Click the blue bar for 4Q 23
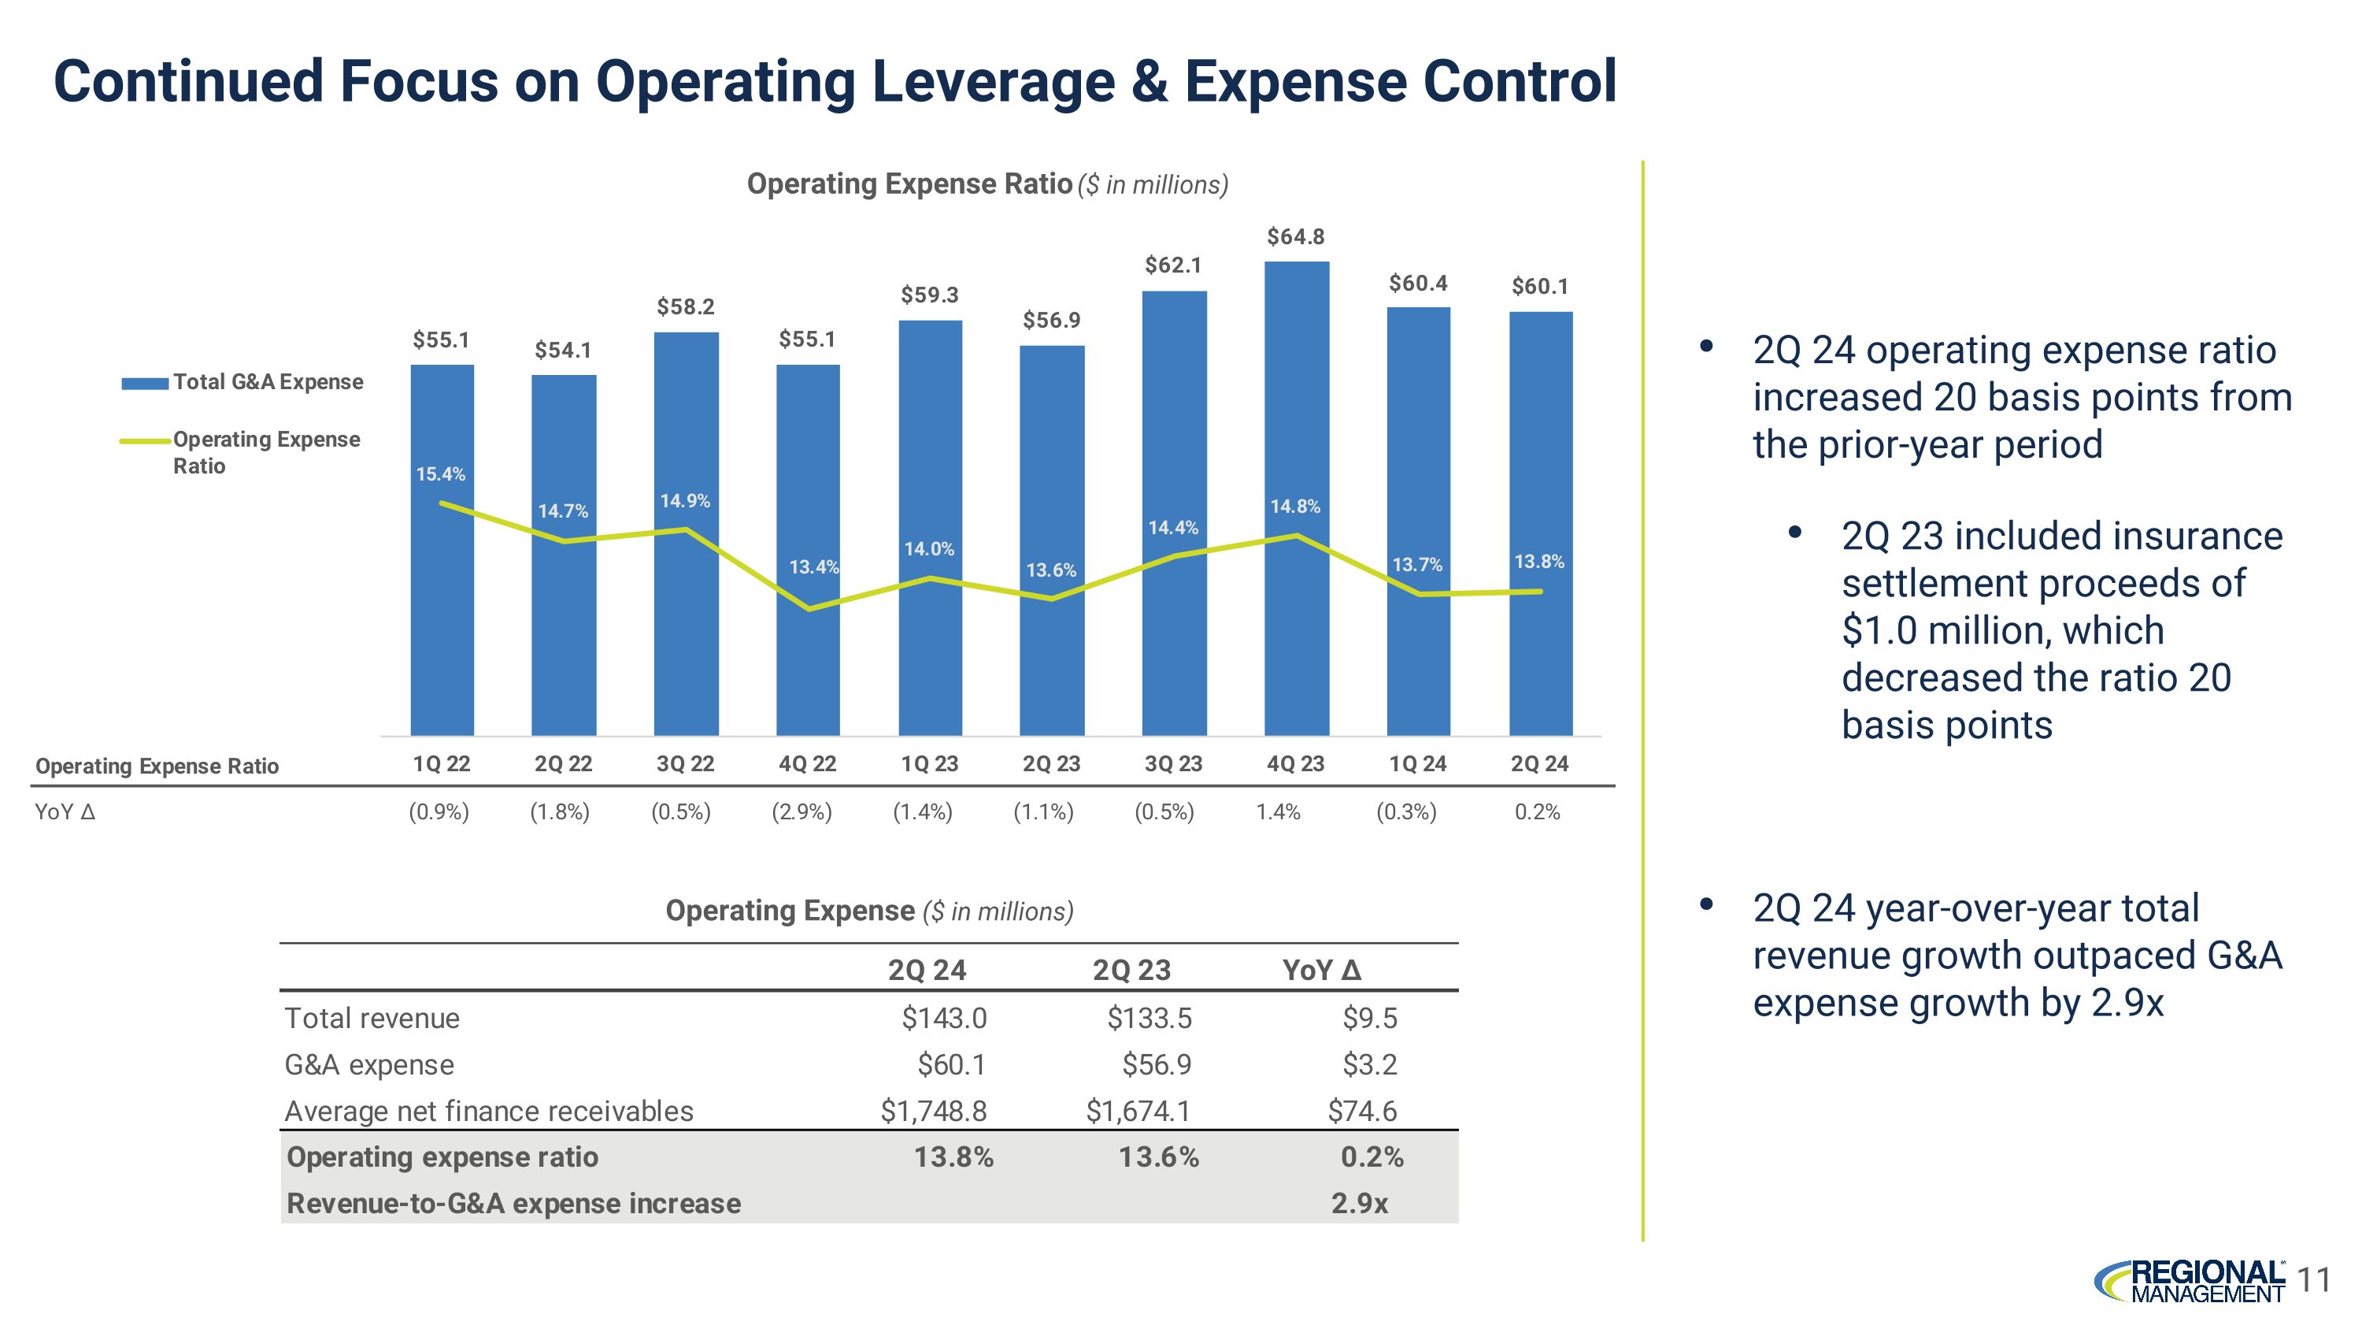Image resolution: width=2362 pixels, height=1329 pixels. coord(1296,642)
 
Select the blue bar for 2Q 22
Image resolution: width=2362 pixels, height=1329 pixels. coord(563,642)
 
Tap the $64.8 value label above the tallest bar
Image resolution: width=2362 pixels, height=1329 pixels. coord(1296,236)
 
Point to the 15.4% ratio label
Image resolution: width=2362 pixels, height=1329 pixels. coord(441,474)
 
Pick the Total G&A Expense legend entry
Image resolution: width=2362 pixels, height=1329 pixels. coord(243,382)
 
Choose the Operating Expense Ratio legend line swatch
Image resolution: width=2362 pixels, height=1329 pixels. coord(145,441)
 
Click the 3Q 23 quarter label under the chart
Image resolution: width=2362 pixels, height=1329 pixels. coord(1173,764)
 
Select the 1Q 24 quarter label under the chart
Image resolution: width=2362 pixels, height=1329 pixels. coord(1417,764)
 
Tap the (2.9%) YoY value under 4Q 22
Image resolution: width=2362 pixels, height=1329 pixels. coord(802,811)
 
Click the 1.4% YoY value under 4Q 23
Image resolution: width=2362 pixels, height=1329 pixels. coord(1278,811)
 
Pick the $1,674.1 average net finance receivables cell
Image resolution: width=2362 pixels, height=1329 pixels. coord(1138,1112)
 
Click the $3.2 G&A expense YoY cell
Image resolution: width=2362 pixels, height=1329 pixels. coord(1370,1065)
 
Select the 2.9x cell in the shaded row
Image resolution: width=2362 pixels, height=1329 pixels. coord(1360,1203)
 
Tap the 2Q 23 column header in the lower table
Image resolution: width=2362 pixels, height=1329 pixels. coord(1131,971)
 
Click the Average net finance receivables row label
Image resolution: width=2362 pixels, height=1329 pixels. coord(489,1112)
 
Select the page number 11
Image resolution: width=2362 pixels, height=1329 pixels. coord(2316,1279)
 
